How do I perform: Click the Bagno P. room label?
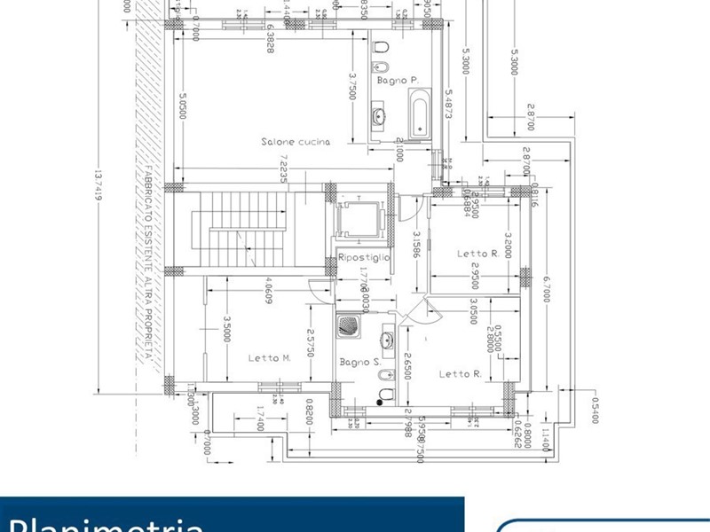(x=397, y=80)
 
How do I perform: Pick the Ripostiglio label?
(x=364, y=257)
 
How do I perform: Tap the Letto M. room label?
(x=270, y=358)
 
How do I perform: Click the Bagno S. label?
(x=360, y=362)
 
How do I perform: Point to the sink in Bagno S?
(x=388, y=340)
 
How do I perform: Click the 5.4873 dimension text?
(x=450, y=105)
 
